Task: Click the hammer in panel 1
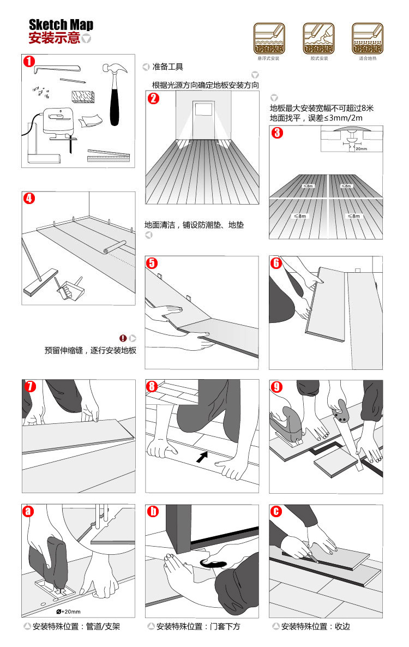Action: point(115,93)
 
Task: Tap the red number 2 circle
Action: point(154,99)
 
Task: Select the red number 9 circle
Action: point(278,387)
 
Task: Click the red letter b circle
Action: point(154,511)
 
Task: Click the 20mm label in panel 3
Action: point(360,148)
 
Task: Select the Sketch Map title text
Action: point(61,25)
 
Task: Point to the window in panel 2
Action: point(202,109)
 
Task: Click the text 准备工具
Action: point(168,67)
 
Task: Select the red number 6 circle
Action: point(276,263)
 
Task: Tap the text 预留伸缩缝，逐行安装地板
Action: point(91,350)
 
